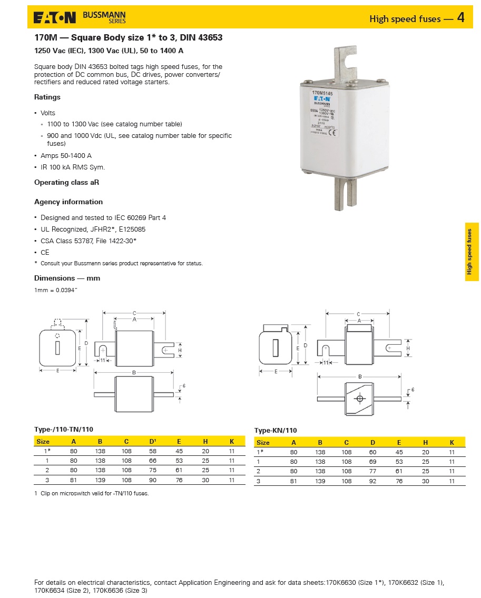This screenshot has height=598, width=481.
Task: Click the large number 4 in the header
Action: [x=461, y=18]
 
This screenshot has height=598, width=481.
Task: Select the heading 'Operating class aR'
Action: [x=66, y=182]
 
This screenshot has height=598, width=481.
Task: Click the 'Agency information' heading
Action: [x=68, y=202]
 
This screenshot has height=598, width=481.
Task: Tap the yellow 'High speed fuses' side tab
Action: [x=472, y=252]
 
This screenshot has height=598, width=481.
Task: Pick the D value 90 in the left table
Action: [x=153, y=480]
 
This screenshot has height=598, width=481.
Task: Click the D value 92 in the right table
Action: [x=373, y=481]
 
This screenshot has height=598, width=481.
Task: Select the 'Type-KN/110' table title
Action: [x=276, y=430]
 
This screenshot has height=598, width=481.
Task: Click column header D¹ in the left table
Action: [x=153, y=442]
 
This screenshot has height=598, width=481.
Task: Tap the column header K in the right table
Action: [x=451, y=443]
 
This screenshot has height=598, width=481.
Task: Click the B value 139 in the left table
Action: [x=100, y=480]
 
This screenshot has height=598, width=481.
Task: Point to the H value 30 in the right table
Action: [x=426, y=481]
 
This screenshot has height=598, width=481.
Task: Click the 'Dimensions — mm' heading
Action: [x=67, y=278]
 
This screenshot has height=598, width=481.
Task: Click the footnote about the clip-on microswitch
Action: [x=92, y=493]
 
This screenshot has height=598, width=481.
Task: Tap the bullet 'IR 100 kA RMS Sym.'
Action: [x=73, y=167]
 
